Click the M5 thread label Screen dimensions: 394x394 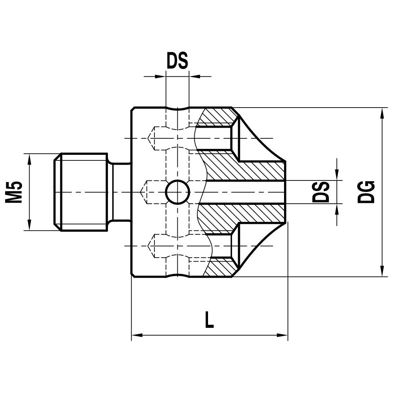click(14, 192)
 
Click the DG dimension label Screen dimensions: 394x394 click(366, 192)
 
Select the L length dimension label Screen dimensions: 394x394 click(209, 320)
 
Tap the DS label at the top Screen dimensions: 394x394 click(177, 61)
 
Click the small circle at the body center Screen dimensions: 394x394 click(178, 192)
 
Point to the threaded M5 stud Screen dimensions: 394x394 click(81, 192)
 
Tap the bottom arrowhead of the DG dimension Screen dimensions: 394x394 click(382, 271)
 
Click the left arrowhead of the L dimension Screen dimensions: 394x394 click(136, 335)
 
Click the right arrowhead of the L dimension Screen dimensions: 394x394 click(283, 335)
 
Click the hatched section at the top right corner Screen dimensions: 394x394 click(217, 116)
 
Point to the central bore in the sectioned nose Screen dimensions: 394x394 click(244, 192)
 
